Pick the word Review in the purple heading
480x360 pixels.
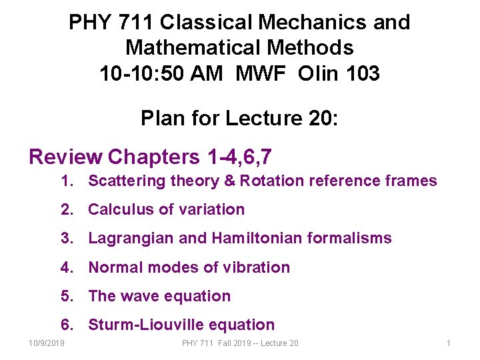click(x=66, y=157)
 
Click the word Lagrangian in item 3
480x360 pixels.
click(x=131, y=238)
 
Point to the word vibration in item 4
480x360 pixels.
click(x=257, y=267)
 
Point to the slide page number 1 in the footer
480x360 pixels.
click(x=449, y=343)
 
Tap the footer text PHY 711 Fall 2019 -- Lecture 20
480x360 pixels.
click(x=240, y=343)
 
